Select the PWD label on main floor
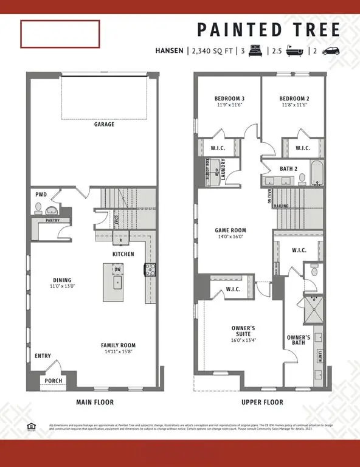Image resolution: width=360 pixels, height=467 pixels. click(x=41, y=195)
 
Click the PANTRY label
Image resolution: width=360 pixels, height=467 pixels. click(x=52, y=220)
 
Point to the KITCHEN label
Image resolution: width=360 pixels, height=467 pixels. click(x=123, y=254)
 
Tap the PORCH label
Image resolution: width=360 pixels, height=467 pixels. click(x=53, y=381)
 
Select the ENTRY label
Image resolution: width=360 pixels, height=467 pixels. click(x=43, y=356)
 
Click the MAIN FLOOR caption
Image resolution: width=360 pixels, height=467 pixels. click(x=94, y=402)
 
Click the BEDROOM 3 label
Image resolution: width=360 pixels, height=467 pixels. click(x=229, y=99)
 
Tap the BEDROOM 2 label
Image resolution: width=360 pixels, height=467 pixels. click(x=294, y=99)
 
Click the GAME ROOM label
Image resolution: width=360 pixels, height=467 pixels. click(x=230, y=230)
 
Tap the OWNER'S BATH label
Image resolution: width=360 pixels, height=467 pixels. click(x=299, y=341)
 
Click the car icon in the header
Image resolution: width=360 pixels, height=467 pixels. click(x=331, y=52)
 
